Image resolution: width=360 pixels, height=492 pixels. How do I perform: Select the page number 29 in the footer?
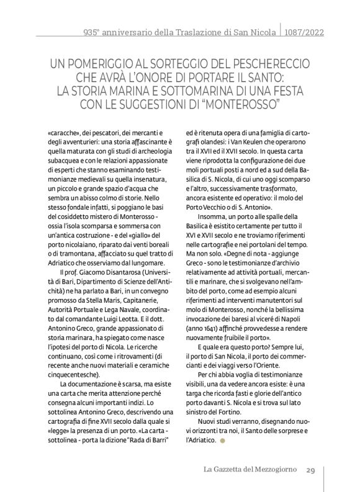(312, 470)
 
